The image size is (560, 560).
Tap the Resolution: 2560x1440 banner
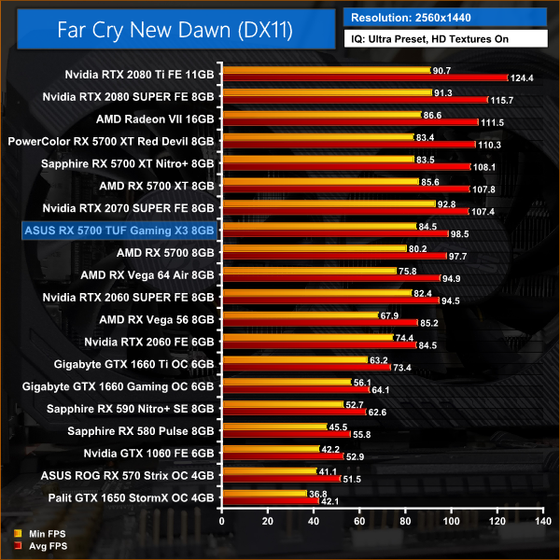tap(445, 17)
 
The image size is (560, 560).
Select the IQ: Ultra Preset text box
tap(445, 41)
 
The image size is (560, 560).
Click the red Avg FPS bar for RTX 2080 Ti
tap(364, 77)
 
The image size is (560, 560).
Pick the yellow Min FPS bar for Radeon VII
tap(320, 115)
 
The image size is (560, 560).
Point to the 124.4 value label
tap(522, 77)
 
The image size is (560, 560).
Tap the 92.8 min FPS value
tap(449, 203)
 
